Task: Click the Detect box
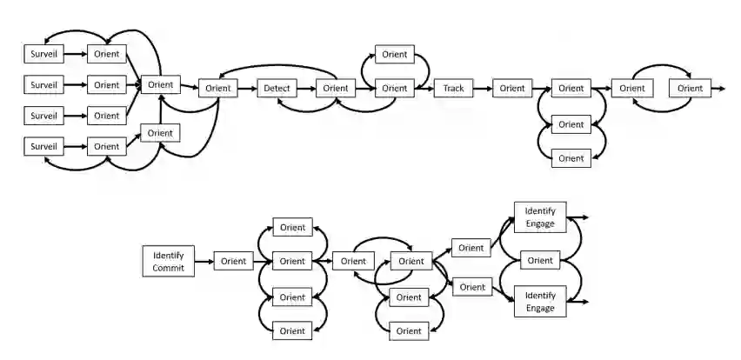(277, 88)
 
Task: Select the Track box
(453, 88)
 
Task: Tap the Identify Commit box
(169, 261)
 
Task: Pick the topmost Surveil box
(43, 54)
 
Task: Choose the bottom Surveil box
(43, 147)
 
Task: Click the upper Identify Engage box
(540, 217)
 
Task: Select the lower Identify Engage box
(540, 301)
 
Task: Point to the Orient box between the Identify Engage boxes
(540, 260)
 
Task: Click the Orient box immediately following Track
(512, 88)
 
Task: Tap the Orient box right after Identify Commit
(233, 261)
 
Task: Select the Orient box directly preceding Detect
(218, 88)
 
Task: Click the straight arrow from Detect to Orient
(305, 88)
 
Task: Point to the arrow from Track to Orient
(482, 88)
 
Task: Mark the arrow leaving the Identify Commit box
(204, 261)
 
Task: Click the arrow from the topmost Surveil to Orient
(76, 54)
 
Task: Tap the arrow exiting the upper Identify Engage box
(578, 217)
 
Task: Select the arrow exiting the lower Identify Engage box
(578, 302)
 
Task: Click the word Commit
(169, 268)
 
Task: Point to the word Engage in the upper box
(540, 223)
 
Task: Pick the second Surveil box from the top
(43, 85)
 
